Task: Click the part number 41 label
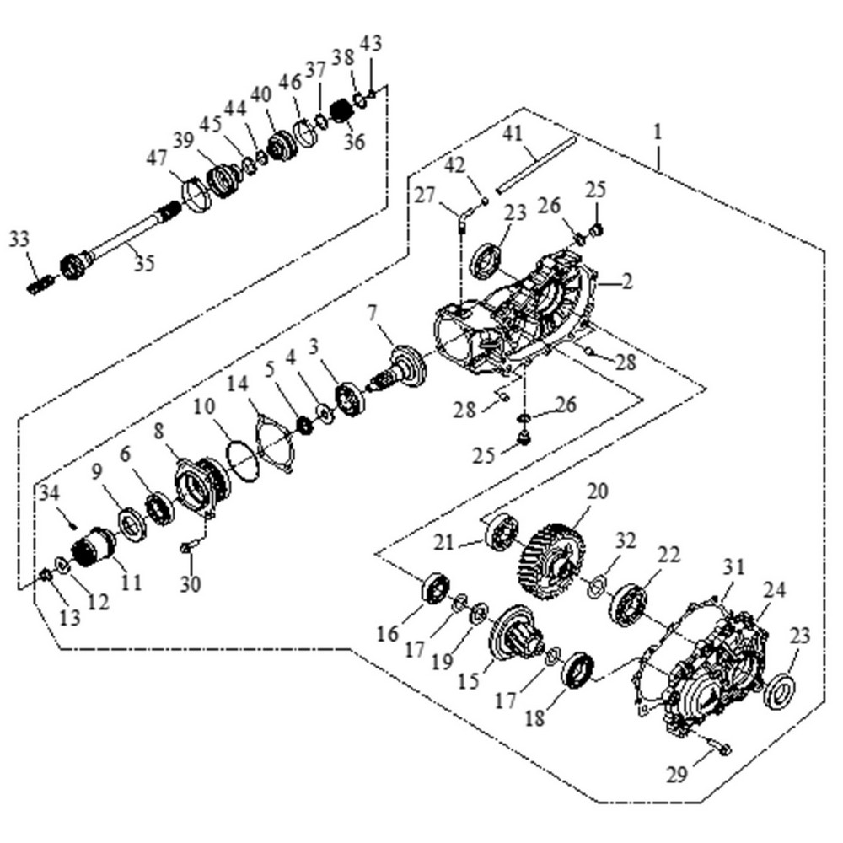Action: [x=513, y=132]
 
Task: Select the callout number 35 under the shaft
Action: [x=144, y=262]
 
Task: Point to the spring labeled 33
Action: [x=38, y=285]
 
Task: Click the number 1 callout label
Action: [x=657, y=132]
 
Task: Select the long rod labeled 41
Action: [x=535, y=164]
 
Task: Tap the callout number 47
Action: [x=157, y=158]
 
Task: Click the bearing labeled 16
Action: [x=436, y=588]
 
